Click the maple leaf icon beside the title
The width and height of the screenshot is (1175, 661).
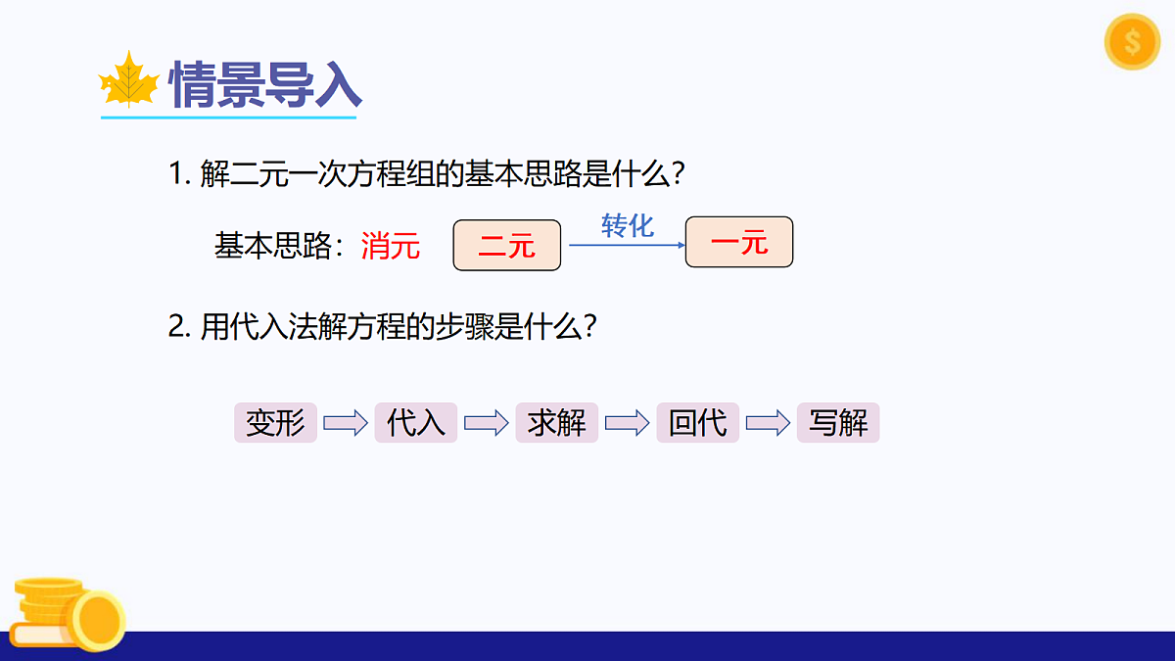(x=129, y=81)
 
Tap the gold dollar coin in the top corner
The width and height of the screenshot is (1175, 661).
(x=1132, y=42)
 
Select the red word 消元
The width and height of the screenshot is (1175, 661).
(x=390, y=246)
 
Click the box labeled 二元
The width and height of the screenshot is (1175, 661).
(x=507, y=245)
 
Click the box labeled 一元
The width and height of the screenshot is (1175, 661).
(x=738, y=243)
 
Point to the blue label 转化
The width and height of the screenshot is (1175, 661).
(x=627, y=226)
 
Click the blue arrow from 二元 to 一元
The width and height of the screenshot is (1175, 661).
(x=627, y=245)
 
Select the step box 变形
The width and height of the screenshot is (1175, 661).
(x=275, y=423)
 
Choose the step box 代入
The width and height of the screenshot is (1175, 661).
(x=416, y=423)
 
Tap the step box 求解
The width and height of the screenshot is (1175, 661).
(x=557, y=423)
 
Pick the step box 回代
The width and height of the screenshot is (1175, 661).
(x=698, y=423)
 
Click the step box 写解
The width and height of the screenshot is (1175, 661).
(x=838, y=423)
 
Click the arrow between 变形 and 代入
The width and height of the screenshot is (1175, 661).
(x=346, y=423)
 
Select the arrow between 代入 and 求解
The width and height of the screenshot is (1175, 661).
(x=487, y=423)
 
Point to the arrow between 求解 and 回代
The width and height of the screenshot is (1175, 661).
(x=628, y=423)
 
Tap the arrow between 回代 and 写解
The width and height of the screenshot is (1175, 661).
(x=769, y=423)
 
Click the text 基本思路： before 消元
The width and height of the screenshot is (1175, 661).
(x=285, y=246)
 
